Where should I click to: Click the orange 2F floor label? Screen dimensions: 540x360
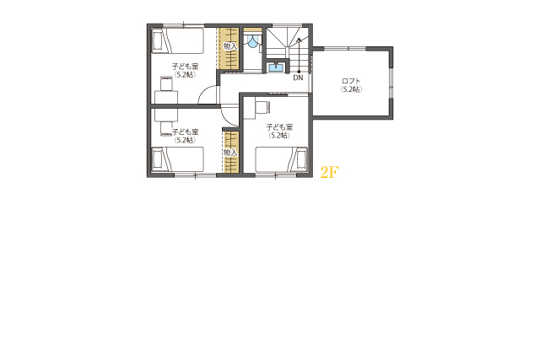330,172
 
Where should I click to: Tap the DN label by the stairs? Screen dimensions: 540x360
298,78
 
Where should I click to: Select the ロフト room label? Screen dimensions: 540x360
351,81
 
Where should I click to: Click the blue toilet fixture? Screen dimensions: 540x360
253,41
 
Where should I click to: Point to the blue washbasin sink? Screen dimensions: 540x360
276,67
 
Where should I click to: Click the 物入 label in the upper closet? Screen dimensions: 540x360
230,46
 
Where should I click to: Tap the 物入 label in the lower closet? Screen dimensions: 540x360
230,153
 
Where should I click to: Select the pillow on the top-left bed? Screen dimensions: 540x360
158,41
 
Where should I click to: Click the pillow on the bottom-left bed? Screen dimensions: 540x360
158,159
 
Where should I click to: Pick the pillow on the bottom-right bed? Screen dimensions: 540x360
302,159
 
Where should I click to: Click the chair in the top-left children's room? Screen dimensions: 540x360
166,83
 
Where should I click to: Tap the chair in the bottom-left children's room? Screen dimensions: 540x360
166,128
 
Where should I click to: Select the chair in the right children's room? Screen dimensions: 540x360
262,107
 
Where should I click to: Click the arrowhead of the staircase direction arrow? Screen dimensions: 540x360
299,40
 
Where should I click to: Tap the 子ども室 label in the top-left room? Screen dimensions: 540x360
186,67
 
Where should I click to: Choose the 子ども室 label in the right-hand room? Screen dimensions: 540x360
279,127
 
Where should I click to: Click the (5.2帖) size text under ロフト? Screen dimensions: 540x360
351,89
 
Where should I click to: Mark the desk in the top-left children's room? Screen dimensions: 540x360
166,97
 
